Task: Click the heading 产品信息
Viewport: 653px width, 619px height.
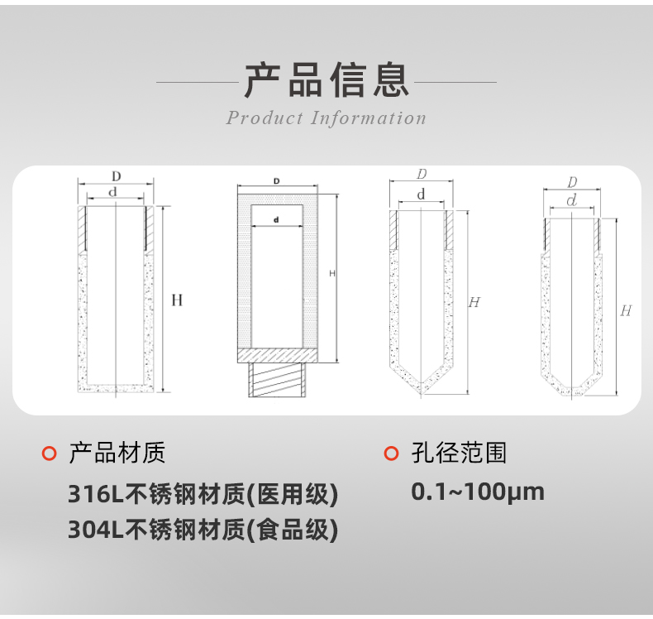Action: click(326, 80)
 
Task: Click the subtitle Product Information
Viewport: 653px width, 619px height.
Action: click(326, 118)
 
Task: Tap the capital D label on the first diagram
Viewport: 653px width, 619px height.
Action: click(117, 175)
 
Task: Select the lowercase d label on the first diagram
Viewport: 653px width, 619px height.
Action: click(116, 192)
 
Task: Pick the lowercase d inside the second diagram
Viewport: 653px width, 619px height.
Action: click(276, 219)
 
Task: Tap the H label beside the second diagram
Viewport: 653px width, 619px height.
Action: click(332, 273)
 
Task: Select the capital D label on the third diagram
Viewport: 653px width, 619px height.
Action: click(422, 175)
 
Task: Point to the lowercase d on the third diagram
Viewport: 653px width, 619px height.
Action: click(421, 195)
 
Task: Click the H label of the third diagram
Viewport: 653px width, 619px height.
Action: click(474, 302)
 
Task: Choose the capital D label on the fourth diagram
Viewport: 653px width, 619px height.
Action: click(572, 182)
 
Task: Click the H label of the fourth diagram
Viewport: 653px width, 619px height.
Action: click(626, 310)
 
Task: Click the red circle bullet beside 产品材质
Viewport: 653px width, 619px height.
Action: click(49, 453)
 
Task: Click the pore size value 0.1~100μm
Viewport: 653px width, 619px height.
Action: click(478, 492)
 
